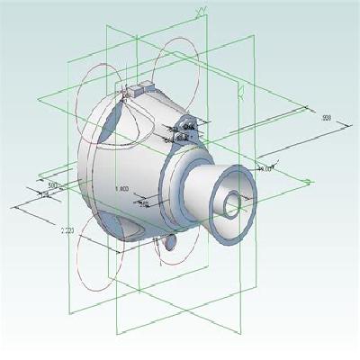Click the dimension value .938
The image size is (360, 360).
pyautogui.click(x=327, y=118)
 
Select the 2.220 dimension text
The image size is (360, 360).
pyautogui.click(x=67, y=231)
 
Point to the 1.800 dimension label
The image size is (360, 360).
pyautogui.click(x=123, y=188)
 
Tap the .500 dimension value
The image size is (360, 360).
pyautogui.click(x=52, y=184)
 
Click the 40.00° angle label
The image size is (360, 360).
pyautogui.click(x=265, y=168)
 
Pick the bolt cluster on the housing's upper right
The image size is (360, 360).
pyautogui.click(x=184, y=130)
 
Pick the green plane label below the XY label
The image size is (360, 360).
pyautogui.click(x=241, y=87)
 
